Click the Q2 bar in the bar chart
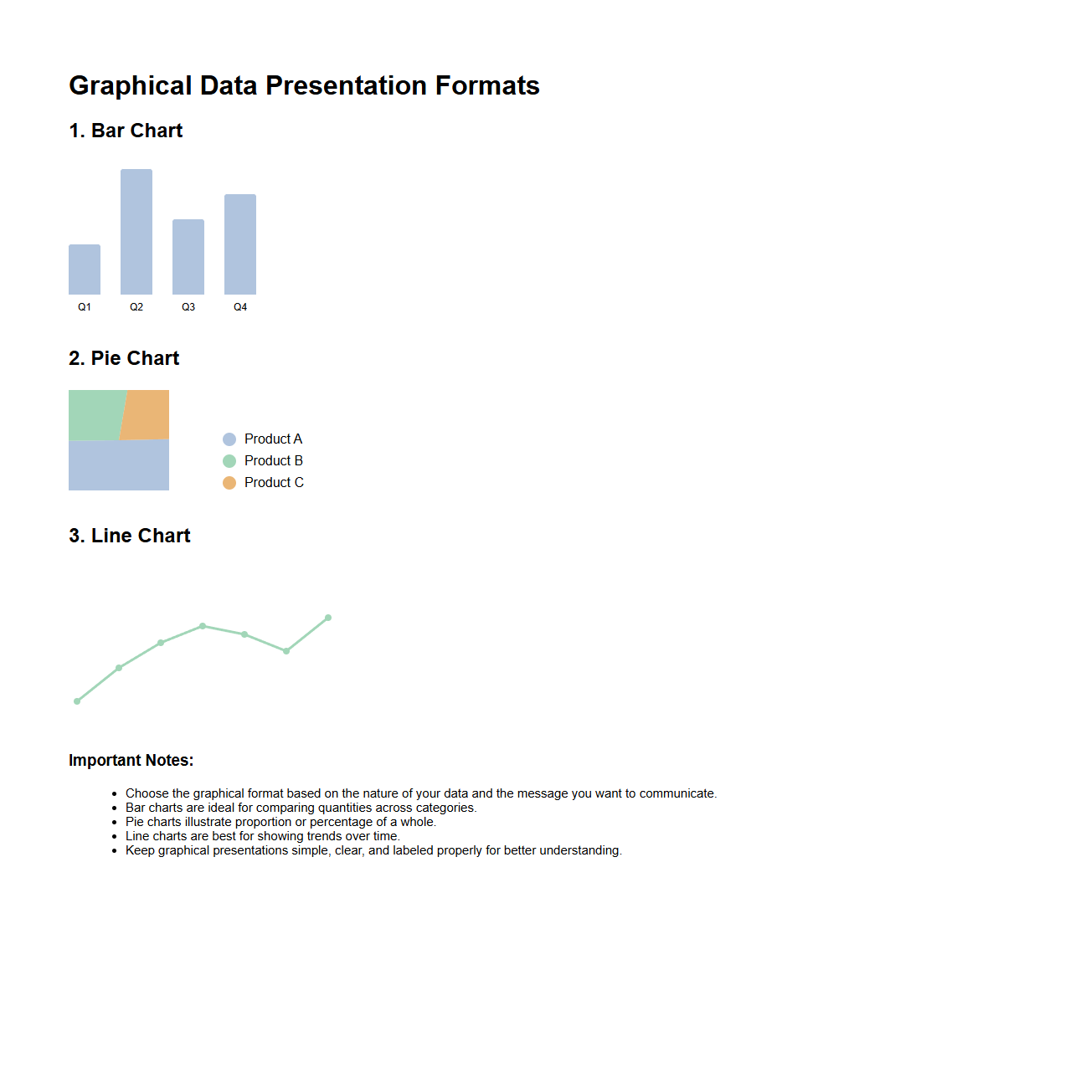[x=136, y=232]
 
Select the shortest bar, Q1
[x=85, y=269]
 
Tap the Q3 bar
[x=188, y=257]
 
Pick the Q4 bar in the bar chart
[x=240, y=244]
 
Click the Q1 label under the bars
[x=85, y=307]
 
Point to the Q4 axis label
[x=240, y=307]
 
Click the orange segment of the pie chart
[x=146, y=414]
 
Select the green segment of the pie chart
[x=95, y=415]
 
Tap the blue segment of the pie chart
[x=119, y=465]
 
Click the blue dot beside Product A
[x=229, y=439]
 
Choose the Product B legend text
[x=274, y=460]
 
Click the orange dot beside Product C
[x=229, y=483]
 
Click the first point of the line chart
[x=77, y=701]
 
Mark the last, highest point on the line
[x=328, y=618]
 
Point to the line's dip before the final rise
[x=286, y=651]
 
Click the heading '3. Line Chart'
[x=130, y=536]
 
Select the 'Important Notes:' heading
[x=131, y=760]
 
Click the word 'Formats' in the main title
[x=487, y=86]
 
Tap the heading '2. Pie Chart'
[x=124, y=358]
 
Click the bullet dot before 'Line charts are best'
[x=115, y=837]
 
